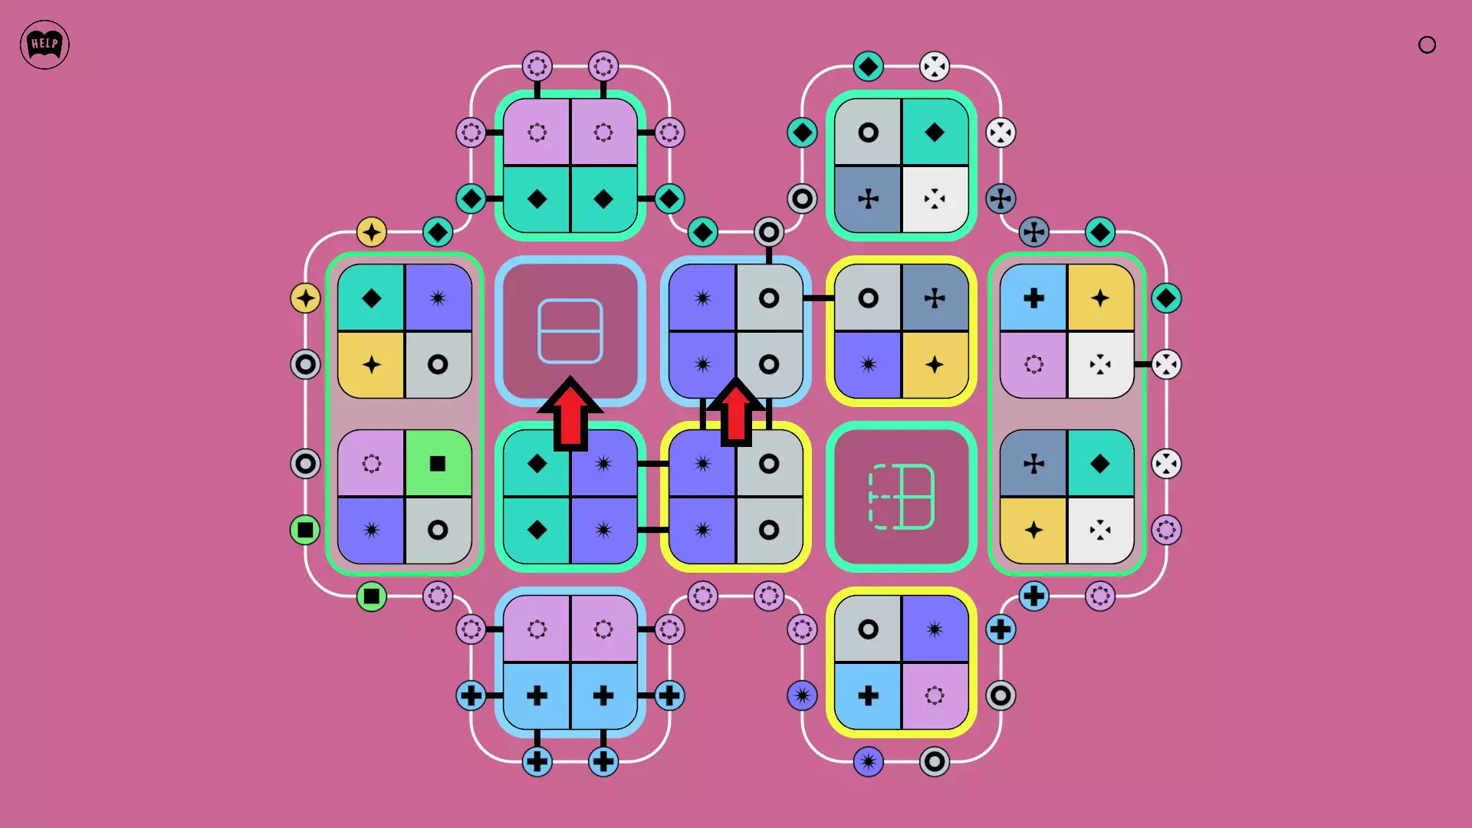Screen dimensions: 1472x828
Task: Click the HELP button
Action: click(x=44, y=44)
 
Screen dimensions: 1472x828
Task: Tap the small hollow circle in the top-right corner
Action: click(x=1427, y=44)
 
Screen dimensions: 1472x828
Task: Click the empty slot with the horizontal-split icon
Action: click(x=570, y=330)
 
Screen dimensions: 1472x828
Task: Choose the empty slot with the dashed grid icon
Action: click(x=901, y=497)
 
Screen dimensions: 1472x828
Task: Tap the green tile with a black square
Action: click(x=438, y=463)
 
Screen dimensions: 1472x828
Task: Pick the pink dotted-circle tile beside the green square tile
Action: click(x=371, y=463)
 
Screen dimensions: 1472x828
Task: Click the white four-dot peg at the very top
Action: click(x=934, y=66)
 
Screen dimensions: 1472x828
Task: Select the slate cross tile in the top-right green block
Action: click(x=868, y=199)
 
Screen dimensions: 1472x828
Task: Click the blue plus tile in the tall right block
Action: click(x=1033, y=297)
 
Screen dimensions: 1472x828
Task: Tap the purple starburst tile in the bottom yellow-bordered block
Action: click(x=935, y=629)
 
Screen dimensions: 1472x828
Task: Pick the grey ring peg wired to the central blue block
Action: click(x=768, y=232)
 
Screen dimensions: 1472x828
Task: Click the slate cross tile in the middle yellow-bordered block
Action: click(x=935, y=297)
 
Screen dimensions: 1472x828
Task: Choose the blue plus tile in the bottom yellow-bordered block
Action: click(x=868, y=695)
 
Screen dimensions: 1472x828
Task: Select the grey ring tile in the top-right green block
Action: click(x=868, y=133)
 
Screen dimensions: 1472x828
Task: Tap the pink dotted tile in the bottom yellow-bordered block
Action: click(x=935, y=695)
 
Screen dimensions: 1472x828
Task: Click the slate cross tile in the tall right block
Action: click(x=1033, y=463)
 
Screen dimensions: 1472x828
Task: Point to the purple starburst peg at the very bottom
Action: click(x=868, y=761)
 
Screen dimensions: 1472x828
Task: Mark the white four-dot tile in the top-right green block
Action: click(x=935, y=199)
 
